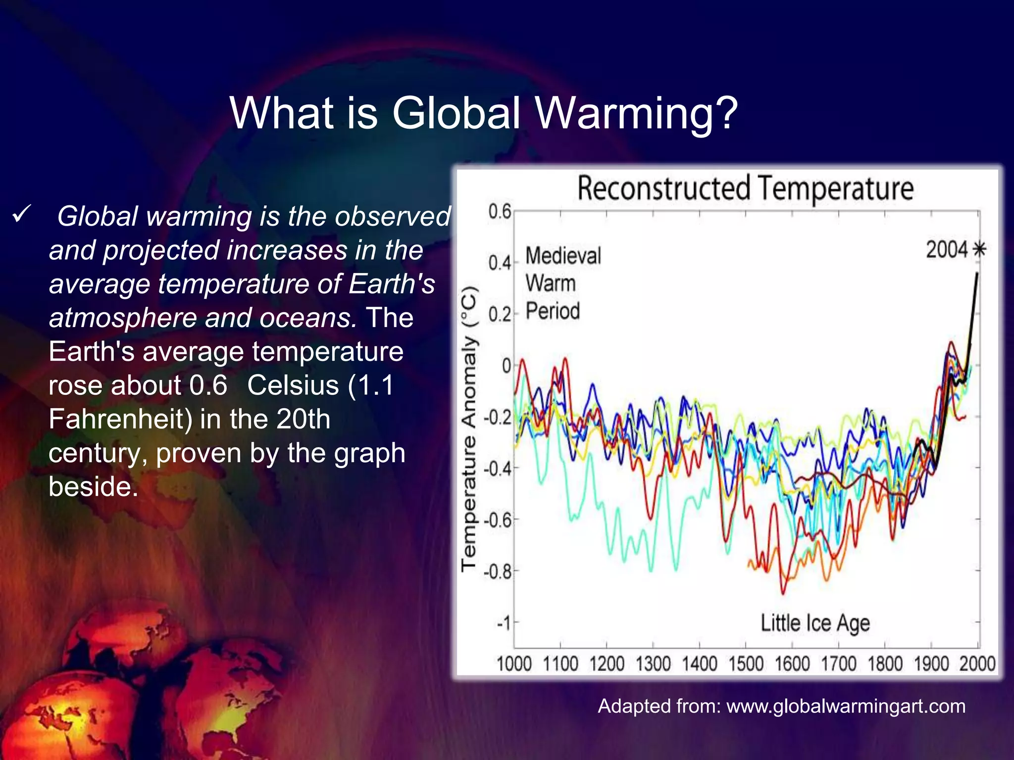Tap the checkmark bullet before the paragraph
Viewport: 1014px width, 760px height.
(x=22, y=215)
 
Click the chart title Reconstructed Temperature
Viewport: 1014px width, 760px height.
(x=745, y=189)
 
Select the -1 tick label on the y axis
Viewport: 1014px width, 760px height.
(x=503, y=623)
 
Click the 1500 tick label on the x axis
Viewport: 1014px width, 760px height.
(x=746, y=664)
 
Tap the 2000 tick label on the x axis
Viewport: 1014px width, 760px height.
(x=977, y=664)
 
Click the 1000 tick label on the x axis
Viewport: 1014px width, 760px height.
(x=514, y=664)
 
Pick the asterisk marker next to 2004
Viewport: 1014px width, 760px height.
(x=979, y=249)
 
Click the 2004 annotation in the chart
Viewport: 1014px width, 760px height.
(x=946, y=249)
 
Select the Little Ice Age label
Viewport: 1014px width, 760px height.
(x=815, y=623)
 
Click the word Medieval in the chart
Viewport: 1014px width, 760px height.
(x=563, y=256)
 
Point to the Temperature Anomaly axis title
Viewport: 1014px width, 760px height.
(x=469, y=428)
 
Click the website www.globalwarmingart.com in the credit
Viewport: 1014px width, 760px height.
(x=846, y=706)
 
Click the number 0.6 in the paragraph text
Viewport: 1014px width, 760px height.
(x=208, y=385)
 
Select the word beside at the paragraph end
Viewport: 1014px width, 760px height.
(x=93, y=487)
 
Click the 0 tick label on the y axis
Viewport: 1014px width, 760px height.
(x=506, y=366)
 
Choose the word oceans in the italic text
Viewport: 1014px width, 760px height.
(x=307, y=318)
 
